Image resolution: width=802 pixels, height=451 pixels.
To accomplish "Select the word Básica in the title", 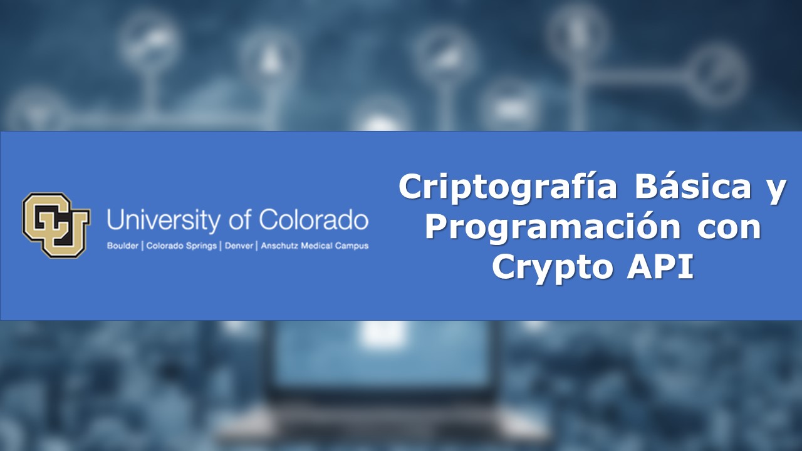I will coord(692,187).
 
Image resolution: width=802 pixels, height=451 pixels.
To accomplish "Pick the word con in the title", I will coord(730,227).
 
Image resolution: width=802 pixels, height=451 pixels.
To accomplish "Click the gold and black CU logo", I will coord(56,225).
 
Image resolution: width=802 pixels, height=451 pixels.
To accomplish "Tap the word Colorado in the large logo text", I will coord(313,220).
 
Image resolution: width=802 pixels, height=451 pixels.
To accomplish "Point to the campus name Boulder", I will coord(123,246).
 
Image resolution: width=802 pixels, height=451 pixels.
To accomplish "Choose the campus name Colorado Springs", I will coord(182,246).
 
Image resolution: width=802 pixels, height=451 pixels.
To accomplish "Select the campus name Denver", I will coord(239,246).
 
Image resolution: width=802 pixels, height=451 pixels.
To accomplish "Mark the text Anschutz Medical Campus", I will coord(315,246).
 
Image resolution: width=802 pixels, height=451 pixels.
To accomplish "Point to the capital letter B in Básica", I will coord(647,187).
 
